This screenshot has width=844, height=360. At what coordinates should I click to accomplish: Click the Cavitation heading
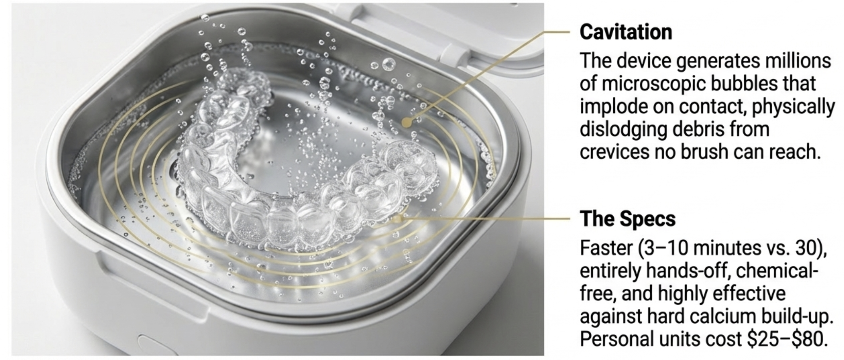click(x=626, y=32)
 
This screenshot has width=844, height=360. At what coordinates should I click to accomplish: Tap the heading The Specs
click(x=628, y=219)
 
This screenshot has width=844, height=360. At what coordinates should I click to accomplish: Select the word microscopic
click(x=655, y=84)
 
